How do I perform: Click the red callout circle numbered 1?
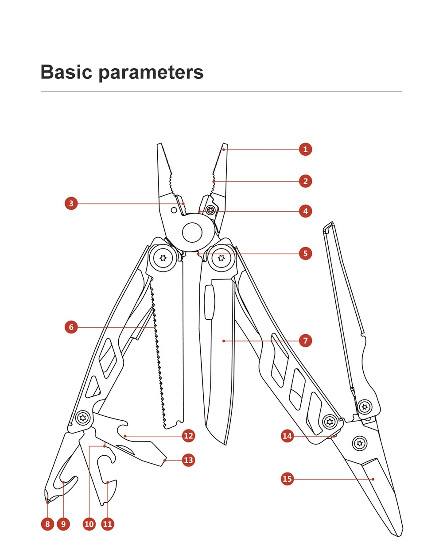coord(305,149)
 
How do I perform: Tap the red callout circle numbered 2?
coord(305,181)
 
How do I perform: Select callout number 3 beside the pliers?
coord(71,204)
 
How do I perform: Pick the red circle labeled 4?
coord(305,211)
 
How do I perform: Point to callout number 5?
coord(305,254)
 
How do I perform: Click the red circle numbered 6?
coord(71,327)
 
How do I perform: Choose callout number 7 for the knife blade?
coord(305,341)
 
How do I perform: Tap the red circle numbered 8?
coord(47,524)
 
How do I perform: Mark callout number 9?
coord(63,524)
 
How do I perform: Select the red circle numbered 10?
coord(89,524)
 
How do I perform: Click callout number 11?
coord(108,524)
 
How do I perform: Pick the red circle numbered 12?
coord(189,436)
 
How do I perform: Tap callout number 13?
coord(189,460)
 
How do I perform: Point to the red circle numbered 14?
coord(288,436)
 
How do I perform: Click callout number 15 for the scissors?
coord(288,479)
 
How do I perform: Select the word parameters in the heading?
coord(151,73)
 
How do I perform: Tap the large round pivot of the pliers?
coord(192,232)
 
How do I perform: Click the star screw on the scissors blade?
coord(359,442)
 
